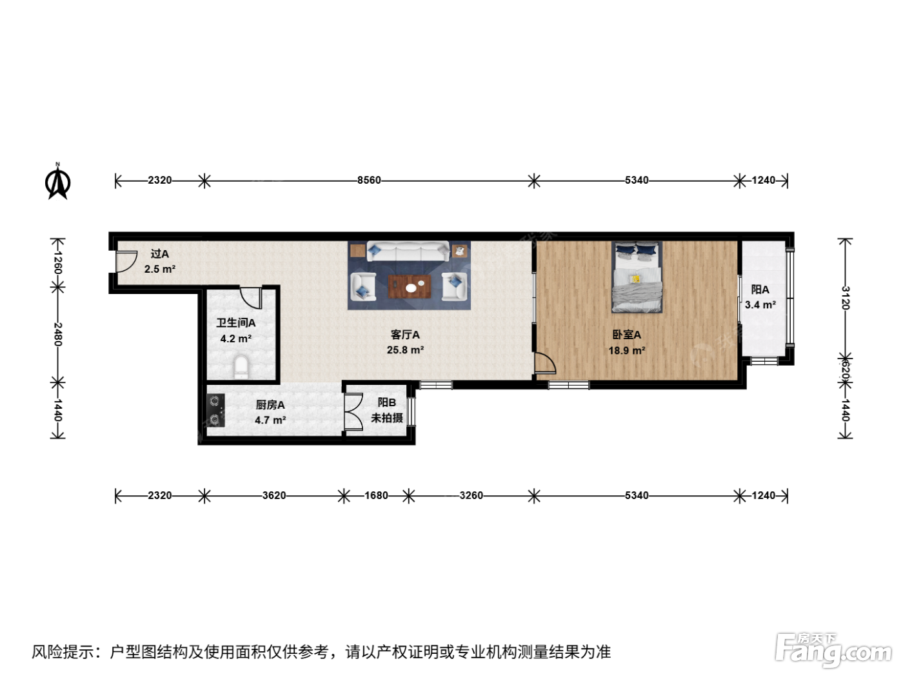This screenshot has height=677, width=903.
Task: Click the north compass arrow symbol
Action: point(57,181)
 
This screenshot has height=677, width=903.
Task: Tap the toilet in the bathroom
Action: point(241,367)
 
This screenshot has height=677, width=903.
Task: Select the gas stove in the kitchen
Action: point(215,410)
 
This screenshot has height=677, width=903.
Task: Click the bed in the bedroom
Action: point(637,277)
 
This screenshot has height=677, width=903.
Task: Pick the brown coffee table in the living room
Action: point(410,286)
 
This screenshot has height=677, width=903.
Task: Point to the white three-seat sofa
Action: point(408,251)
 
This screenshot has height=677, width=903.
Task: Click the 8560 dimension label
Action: point(369,181)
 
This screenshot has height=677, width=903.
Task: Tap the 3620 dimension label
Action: point(274,495)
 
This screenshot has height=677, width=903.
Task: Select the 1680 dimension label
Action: point(376,495)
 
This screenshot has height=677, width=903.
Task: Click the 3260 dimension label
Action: point(471,495)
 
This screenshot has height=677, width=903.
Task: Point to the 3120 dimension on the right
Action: point(844,298)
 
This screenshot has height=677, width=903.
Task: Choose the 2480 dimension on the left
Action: point(58,335)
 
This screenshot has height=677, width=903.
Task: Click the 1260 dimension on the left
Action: point(58,262)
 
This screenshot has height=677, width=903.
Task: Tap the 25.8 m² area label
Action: point(405,350)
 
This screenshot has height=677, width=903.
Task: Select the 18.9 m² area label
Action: point(626,350)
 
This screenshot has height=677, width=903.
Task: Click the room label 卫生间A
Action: point(236,323)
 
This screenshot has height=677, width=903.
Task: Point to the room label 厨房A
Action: point(270,405)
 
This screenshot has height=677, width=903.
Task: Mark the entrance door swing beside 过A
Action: point(126,262)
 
